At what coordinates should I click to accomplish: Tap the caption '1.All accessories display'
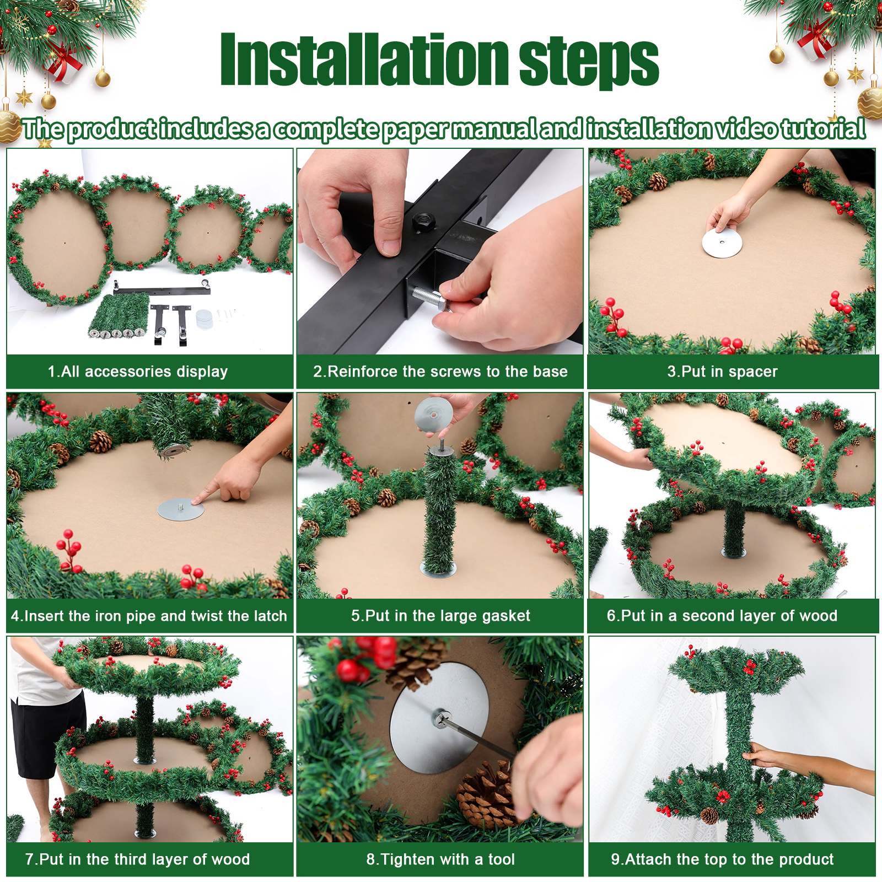(x=138, y=372)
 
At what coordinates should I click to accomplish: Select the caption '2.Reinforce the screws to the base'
(x=440, y=372)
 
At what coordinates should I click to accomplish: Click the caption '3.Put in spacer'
(x=722, y=372)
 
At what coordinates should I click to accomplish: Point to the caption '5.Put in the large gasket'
(x=440, y=616)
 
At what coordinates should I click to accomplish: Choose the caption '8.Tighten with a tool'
(x=440, y=859)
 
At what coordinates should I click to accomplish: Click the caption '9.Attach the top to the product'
(x=722, y=859)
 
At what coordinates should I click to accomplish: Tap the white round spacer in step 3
(x=722, y=243)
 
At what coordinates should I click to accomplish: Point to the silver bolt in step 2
(x=430, y=298)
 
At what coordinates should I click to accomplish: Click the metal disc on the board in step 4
(x=181, y=508)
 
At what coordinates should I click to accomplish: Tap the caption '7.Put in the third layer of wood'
(x=138, y=859)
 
